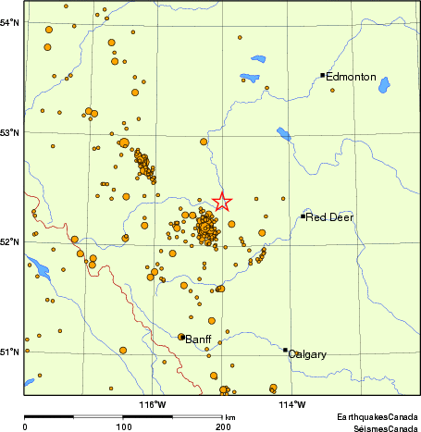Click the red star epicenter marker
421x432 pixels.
(x=222, y=201)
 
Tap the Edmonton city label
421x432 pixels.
(x=353, y=77)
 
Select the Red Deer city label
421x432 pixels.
(x=329, y=217)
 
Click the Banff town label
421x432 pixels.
(x=199, y=339)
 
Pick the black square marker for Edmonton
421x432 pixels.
(x=322, y=75)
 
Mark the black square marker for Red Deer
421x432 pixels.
(x=303, y=216)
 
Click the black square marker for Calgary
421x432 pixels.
(x=285, y=350)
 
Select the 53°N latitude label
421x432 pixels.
(x=10, y=132)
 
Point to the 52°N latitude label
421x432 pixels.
(x=10, y=242)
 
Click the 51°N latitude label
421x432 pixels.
(x=10, y=352)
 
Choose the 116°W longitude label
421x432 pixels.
(x=153, y=403)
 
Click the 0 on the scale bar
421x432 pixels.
(x=24, y=427)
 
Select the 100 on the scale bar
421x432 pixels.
(x=123, y=427)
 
